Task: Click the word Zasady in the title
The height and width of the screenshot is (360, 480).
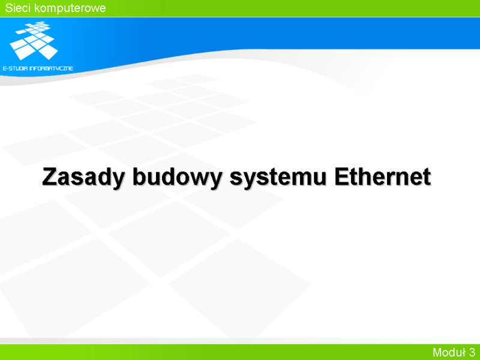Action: pos(83,177)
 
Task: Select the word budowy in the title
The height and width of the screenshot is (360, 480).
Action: pos(177,177)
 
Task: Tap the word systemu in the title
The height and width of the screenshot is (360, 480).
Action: pos(278,178)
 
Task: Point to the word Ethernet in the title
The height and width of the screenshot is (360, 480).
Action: pos(383,176)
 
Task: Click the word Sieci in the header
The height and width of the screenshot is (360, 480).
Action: pos(18,8)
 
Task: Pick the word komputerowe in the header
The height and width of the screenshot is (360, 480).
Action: pos(70,8)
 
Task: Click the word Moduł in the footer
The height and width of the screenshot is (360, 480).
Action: pos(449,352)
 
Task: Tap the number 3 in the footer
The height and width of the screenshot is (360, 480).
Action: pos(472,352)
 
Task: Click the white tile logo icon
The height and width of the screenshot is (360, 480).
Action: pos(34,40)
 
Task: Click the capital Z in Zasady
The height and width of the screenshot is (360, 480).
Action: pos(49,176)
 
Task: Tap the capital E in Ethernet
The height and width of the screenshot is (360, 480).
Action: pos(342,176)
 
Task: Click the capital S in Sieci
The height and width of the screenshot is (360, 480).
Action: pos(9,8)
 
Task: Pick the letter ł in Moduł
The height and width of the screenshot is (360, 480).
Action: pos(463,352)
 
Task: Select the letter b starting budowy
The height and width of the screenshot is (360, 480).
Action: pos(139,176)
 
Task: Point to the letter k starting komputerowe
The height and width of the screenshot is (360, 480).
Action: pos(37,8)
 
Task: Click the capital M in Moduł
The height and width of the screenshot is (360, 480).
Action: pos(437,352)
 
